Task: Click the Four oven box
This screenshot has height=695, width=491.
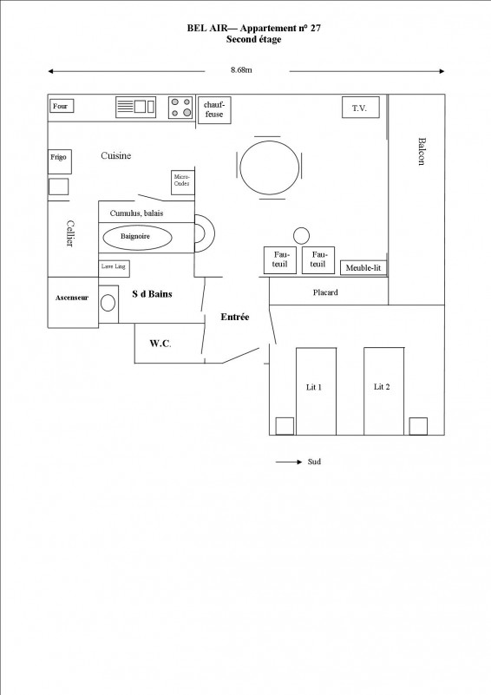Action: (62, 107)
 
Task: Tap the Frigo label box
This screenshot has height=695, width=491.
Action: (58, 161)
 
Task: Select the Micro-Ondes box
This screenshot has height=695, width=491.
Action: (183, 182)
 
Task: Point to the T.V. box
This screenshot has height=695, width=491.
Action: (360, 108)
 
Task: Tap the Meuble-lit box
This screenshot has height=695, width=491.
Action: (363, 268)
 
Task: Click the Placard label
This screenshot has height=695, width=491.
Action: (325, 292)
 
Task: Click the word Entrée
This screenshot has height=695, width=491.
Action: (234, 318)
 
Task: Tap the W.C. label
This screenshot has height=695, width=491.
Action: (160, 344)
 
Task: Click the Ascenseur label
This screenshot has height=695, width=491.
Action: (72, 297)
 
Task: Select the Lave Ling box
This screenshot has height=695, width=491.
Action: (115, 267)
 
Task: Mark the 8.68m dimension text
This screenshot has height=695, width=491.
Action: (241, 69)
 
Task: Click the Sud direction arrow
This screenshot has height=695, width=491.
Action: (288, 462)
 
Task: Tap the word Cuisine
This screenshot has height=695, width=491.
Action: (116, 156)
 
